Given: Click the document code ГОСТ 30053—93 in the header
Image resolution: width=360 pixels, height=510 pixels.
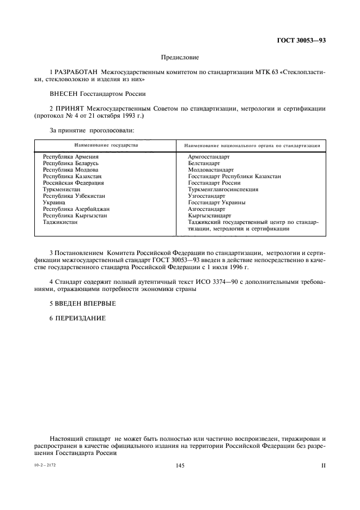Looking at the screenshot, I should point(303,40).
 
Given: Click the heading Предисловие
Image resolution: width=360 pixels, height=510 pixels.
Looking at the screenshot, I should point(180,57).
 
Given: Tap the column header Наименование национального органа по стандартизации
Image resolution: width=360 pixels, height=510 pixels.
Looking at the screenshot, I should point(252,146).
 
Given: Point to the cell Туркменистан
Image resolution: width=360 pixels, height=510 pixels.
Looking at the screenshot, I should point(62,190).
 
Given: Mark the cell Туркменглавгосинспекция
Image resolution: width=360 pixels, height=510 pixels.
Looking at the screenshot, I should point(223,190).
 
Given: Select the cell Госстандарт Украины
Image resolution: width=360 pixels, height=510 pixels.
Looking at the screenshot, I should point(216,203).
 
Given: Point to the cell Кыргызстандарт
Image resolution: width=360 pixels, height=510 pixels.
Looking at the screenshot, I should point(210,216).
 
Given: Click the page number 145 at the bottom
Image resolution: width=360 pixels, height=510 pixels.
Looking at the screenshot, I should point(181,466).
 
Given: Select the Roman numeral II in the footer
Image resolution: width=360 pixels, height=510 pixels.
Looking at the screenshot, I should point(323,466).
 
